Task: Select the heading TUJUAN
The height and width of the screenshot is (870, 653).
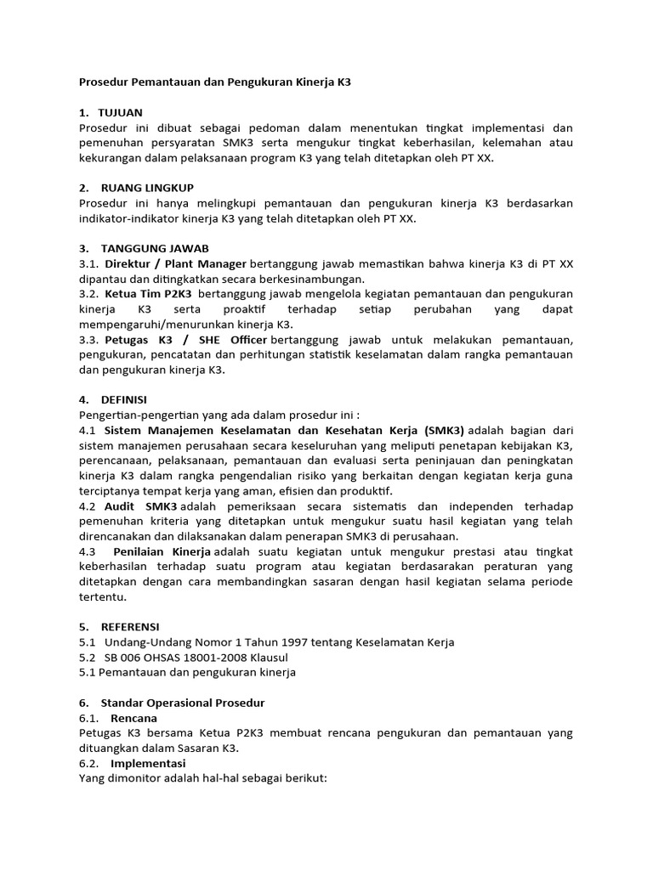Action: (120, 112)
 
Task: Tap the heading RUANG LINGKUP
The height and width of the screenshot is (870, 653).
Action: (147, 188)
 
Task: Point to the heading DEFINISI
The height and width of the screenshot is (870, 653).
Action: (123, 399)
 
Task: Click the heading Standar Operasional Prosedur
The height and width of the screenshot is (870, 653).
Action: (183, 703)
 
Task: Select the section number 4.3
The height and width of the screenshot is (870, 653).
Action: (88, 551)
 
